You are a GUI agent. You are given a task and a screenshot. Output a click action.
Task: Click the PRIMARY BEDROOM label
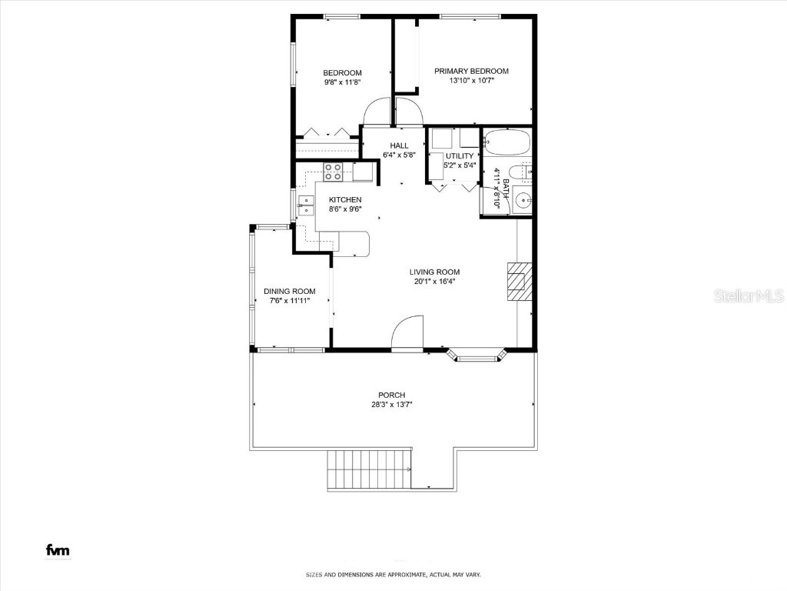tap(471, 71)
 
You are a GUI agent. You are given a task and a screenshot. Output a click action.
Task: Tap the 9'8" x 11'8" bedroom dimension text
tap(342, 82)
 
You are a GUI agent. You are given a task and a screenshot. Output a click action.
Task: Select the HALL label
tap(399, 145)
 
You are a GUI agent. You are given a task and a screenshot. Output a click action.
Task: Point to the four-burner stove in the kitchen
tap(334, 172)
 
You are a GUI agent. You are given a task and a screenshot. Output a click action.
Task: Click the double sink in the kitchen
tap(307, 205)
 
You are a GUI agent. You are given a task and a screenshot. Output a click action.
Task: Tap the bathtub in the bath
tap(506, 143)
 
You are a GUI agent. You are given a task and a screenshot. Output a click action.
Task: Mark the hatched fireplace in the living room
tap(517, 282)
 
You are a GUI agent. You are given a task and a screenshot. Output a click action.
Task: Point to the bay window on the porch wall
tap(477, 356)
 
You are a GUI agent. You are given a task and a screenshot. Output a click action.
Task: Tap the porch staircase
tap(370, 469)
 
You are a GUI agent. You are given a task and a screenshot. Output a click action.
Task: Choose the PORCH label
tap(391, 395)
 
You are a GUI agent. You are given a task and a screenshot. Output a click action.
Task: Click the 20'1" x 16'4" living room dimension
tap(434, 281)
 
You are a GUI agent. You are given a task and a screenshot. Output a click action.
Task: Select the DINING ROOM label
tap(290, 291)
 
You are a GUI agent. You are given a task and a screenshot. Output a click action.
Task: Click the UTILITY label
tap(460, 156)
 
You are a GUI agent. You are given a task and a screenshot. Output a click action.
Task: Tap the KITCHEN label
tap(345, 200)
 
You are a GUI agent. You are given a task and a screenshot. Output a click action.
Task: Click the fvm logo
tap(58, 549)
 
